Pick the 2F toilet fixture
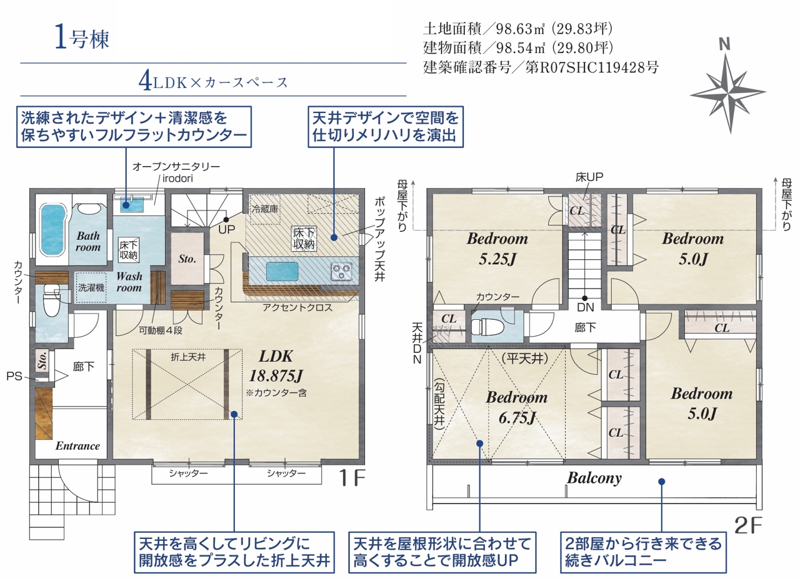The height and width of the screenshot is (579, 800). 487,326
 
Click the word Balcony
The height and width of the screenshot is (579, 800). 594,478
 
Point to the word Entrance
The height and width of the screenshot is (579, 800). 77,446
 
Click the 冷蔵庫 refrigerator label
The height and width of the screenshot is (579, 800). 265,209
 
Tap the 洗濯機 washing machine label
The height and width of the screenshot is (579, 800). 91,288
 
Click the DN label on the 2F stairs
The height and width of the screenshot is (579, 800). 586,307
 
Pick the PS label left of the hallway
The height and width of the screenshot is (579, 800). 14,376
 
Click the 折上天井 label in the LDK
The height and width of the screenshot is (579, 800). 188,357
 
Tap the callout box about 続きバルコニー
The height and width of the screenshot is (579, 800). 643,552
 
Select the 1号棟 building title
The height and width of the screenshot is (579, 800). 82,39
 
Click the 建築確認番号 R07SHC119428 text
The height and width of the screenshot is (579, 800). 541,67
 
